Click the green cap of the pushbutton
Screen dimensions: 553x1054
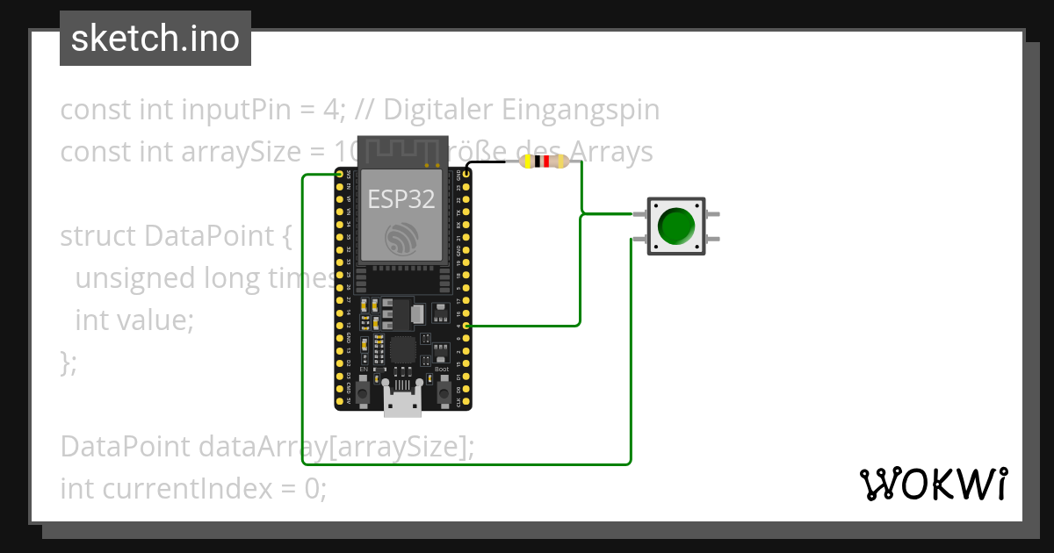pyautogui.click(x=675, y=226)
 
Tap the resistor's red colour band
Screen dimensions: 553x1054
pyautogui.click(x=545, y=162)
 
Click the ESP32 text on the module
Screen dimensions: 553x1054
pyautogui.click(x=401, y=198)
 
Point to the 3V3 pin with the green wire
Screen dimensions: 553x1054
pyautogui.click(x=339, y=175)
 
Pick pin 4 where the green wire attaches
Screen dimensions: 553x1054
pyautogui.click(x=467, y=326)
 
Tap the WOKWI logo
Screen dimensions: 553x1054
pyautogui.click(x=934, y=485)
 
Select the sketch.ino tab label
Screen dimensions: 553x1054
pyautogui.click(x=155, y=39)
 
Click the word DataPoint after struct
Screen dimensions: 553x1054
pyautogui.click(x=198, y=236)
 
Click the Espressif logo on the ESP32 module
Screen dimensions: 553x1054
pyautogui.click(x=401, y=238)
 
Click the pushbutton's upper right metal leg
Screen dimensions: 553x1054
pyautogui.click(x=712, y=214)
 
